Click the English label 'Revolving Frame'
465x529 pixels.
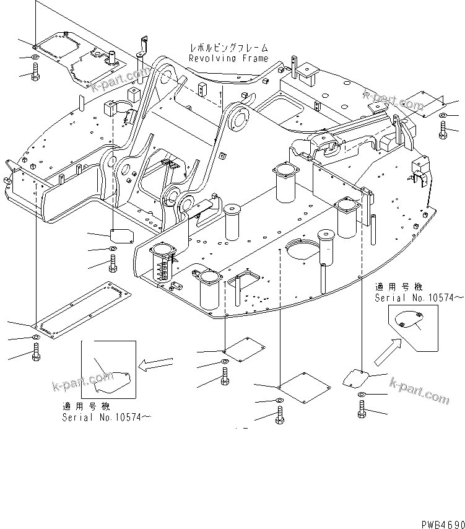[x=228, y=58]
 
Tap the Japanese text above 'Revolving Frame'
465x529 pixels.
[x=228, y=48]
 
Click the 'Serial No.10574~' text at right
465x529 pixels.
[x=419, y=298]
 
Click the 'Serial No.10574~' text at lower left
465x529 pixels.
[x=106, y=417]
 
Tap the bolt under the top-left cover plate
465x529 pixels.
[x=35, y=74]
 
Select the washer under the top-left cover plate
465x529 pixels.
[x=35, y=59]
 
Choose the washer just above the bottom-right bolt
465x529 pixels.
[x=361, y=394]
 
